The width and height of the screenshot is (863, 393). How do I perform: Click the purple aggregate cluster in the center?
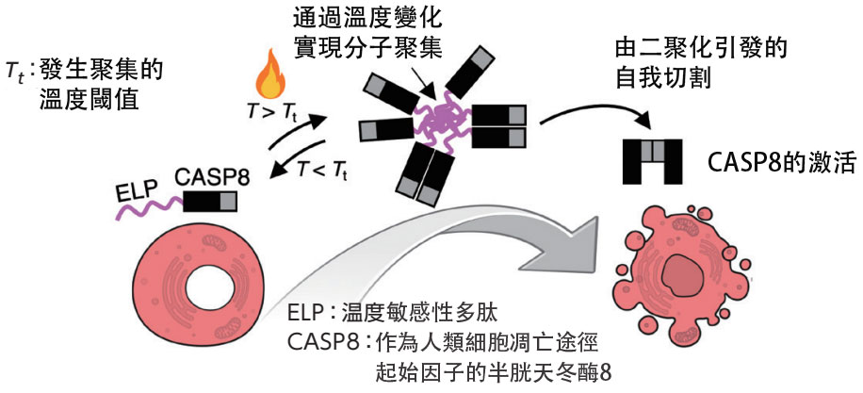point(436,122)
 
